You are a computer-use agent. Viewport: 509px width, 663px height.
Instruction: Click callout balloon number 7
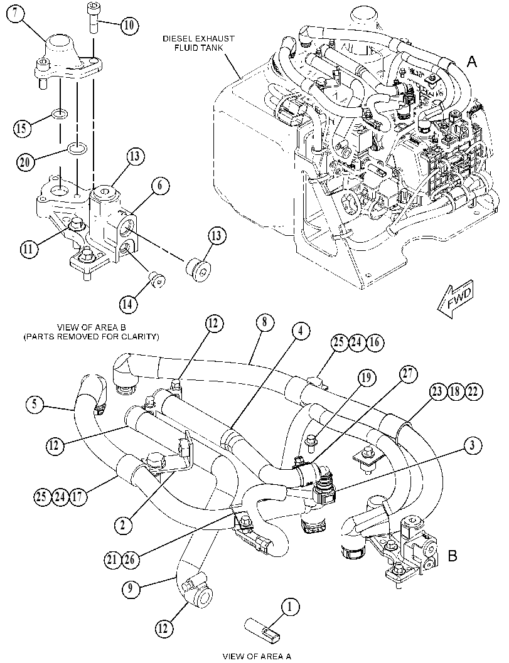[15, 14]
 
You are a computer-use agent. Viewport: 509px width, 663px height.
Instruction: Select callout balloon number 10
[129, 25]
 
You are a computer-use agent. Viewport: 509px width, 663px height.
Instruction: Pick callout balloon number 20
[26, 162]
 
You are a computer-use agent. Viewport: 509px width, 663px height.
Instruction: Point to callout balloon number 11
[28, 249]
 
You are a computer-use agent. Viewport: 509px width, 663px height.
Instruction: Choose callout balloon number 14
[128, 303]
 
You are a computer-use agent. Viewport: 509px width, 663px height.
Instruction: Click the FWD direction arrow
[457, 299]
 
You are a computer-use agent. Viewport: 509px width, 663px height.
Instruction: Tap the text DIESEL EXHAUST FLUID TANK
[199, 43]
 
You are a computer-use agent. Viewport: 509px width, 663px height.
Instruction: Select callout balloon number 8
[264, 322]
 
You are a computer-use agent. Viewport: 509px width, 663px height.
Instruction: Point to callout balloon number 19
[366, 377]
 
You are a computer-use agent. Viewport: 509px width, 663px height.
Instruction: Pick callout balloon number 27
[409, 374]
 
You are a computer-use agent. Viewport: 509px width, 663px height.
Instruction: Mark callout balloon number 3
[472, 445]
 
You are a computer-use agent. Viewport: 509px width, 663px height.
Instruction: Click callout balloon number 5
[35, 404]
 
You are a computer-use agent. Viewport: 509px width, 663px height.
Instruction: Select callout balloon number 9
[131, 588]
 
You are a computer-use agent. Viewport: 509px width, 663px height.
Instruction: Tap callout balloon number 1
[290, 607]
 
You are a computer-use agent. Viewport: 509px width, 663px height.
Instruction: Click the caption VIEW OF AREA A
[257, 656]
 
